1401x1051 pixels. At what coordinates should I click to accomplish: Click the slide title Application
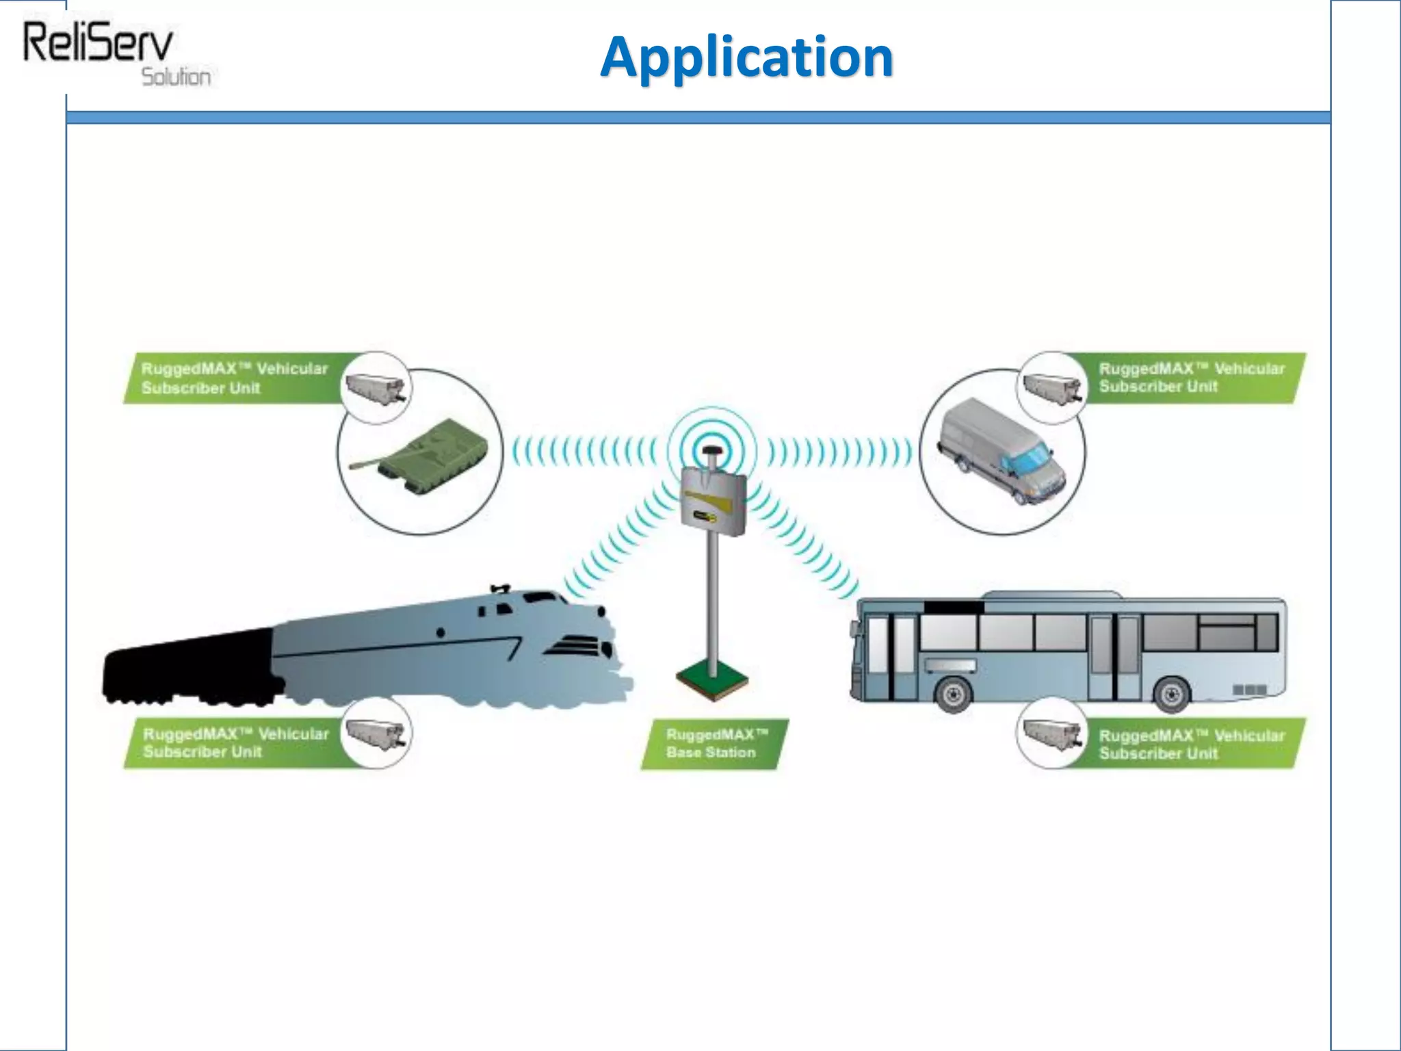[746, 57]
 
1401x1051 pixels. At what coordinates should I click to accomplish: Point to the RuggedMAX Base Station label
[713, 744]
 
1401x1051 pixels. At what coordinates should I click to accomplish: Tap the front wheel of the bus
[953, 695]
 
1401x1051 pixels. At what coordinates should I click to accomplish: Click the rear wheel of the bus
[1171, 695]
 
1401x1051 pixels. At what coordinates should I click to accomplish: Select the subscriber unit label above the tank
[233, 378]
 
